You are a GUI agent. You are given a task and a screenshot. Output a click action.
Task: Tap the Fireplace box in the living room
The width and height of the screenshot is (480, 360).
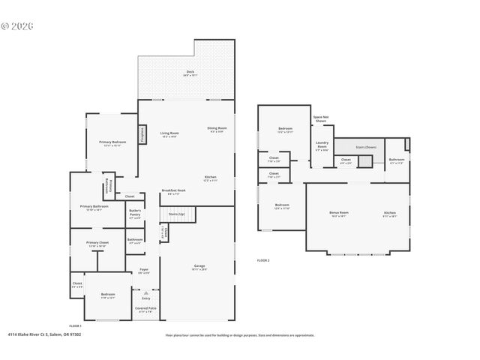tap(142, 133)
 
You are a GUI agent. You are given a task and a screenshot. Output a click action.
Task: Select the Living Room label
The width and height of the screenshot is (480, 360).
tap(169, 134)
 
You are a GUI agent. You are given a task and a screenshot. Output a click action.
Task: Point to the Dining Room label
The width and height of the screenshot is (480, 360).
tap(217, 129)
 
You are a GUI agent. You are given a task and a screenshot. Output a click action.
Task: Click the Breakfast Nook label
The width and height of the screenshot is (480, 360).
tap(173, 192)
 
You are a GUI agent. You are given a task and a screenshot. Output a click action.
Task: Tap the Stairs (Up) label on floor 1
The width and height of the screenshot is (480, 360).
tap(176, 214)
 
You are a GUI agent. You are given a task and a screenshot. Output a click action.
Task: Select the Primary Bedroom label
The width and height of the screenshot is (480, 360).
tap(112, 142)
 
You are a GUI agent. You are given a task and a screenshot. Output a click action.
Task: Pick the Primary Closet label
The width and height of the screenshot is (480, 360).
tap(97, 244)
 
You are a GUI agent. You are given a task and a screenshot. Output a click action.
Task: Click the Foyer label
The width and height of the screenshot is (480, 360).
tap(143, 271)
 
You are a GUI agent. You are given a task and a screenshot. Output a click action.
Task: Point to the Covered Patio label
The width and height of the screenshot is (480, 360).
tap(145, 308)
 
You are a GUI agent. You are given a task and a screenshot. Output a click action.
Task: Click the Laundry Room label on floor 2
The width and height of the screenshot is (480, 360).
tap(322, 147)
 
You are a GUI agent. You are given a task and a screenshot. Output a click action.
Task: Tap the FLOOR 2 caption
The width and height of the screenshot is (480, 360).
tap(263, 259)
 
